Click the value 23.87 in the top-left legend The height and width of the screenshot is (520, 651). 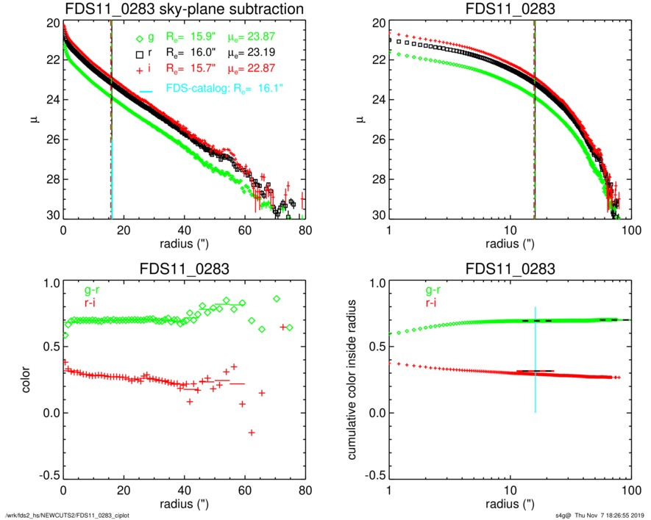(x=276, y=37)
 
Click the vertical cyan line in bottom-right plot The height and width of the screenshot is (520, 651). (x=536, y=360)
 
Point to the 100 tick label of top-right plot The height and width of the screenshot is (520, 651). (x=630, y=230)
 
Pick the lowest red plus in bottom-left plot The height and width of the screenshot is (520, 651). (x=252, y=433)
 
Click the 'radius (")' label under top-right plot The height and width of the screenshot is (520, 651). (x=509, y=243)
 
